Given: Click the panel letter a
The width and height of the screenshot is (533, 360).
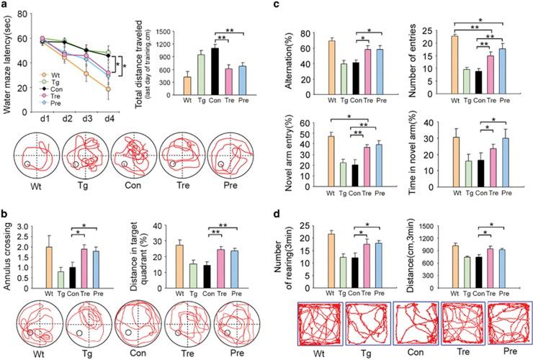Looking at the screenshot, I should pyautogui.click(x=6, y=6).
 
